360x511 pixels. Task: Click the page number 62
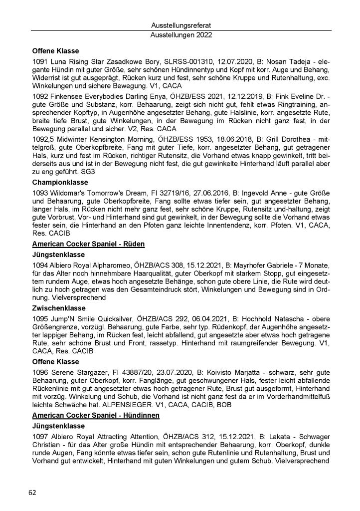point(32,492)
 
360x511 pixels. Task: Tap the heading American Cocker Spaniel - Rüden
point(88,244)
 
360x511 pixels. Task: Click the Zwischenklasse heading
point(59,308)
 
